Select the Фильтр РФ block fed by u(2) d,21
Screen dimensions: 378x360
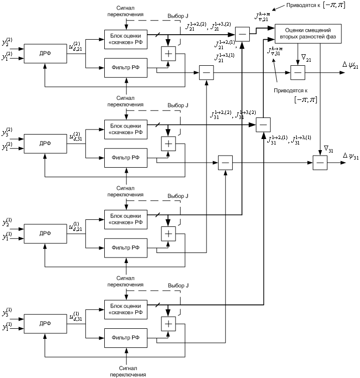pyautogui.click(x=126, y=68)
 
